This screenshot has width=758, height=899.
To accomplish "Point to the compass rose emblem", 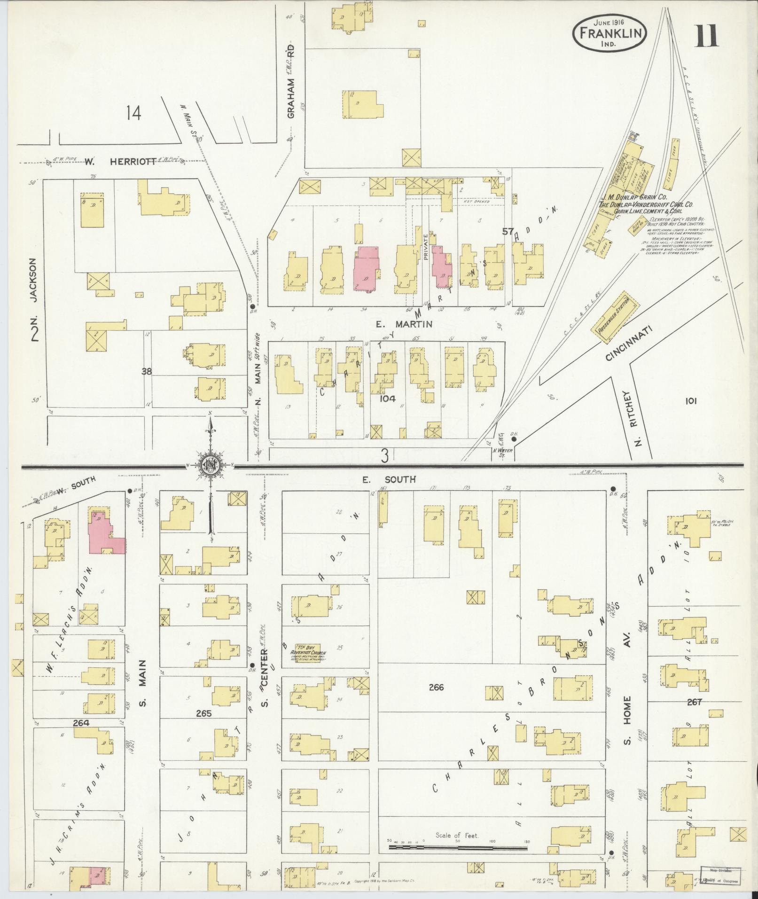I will click(x=211, y=466).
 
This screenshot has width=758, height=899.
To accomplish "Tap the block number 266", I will click(x=436, y=688).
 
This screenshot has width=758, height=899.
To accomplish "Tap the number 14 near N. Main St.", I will click(x=133, y=113).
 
